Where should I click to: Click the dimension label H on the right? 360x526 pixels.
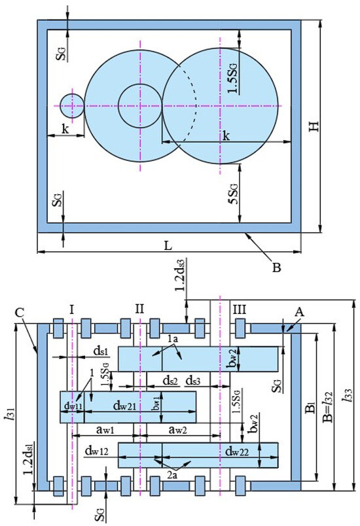(314, 126)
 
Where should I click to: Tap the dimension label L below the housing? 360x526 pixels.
(168, 245)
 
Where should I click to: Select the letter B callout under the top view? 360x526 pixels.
(276, 268)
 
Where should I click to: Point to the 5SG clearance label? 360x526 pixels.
(232, 194)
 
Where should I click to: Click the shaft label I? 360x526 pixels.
(71, 309)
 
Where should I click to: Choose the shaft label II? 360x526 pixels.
(139, 309)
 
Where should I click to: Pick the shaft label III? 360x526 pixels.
(240, 309)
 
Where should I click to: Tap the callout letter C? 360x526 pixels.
(20, 313)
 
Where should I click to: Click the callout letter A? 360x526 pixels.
(299, 313)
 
